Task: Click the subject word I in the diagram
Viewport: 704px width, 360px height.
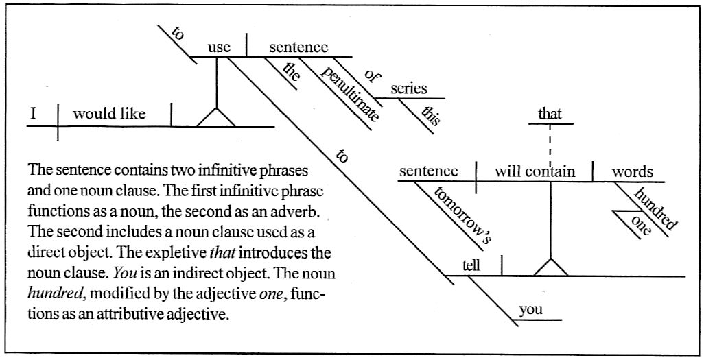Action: (x=32, y=113)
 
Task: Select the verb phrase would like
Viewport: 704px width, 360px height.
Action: (x=109, y=114)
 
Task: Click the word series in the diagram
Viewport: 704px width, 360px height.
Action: (x=409, y=88)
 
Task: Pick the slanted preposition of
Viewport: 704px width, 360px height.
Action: (x=372, y=75)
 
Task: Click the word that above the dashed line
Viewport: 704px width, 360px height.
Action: (x=550, y=114)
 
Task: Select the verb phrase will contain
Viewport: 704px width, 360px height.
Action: (x=535, y=171)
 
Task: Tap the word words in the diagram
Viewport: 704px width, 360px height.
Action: (x=633, y=171)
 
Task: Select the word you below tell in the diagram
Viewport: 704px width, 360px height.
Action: (x=530, y=309)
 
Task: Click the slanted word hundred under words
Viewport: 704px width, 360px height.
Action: (x=655, y=208)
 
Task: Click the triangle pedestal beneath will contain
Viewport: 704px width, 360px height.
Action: (x=550, y=267)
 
